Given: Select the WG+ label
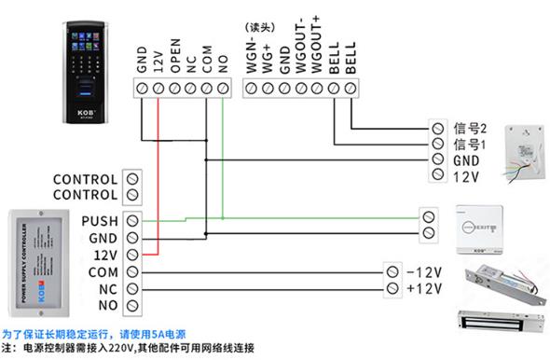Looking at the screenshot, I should [267, 59].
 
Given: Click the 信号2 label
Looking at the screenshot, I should [471, 128].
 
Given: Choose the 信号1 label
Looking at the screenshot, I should [471, 144].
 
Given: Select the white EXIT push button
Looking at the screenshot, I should [477, 228].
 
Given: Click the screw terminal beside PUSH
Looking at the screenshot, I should [131, 221].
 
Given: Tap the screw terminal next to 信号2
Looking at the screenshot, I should [437, 128].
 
